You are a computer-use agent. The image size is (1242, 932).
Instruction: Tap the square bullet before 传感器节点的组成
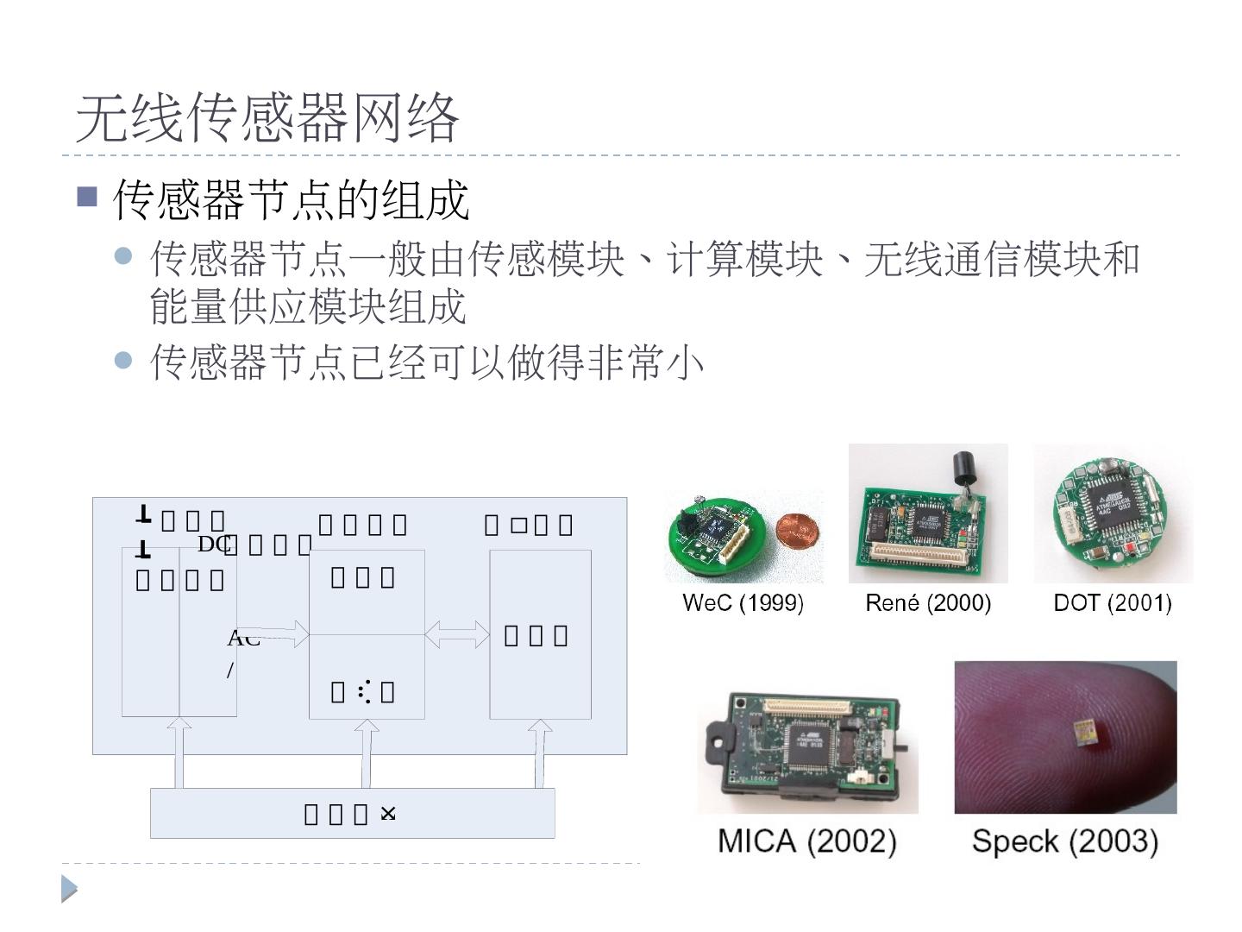click(x=87, y=197)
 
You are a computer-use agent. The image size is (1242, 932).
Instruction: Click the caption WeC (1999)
click(x=743, y=602)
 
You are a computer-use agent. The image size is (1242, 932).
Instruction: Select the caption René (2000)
click(x=928, y=602)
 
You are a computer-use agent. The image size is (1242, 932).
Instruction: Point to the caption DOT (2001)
click(x=1113, y=602)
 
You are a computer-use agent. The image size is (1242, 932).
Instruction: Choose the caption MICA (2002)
click(x=807, y=840)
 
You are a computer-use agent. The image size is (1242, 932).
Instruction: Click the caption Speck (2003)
click(x=1065, y=840)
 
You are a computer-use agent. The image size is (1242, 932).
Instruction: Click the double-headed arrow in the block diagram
click(x=457, y=635)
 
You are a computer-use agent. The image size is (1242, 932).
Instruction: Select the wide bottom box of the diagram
click(x=352, y=813)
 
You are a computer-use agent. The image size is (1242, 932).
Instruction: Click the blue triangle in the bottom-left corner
click(x=69, y=889)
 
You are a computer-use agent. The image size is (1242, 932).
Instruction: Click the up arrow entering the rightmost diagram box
click(x=540, y=753)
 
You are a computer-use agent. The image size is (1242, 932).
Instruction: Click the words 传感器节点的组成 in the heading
click(x=292, y=199)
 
